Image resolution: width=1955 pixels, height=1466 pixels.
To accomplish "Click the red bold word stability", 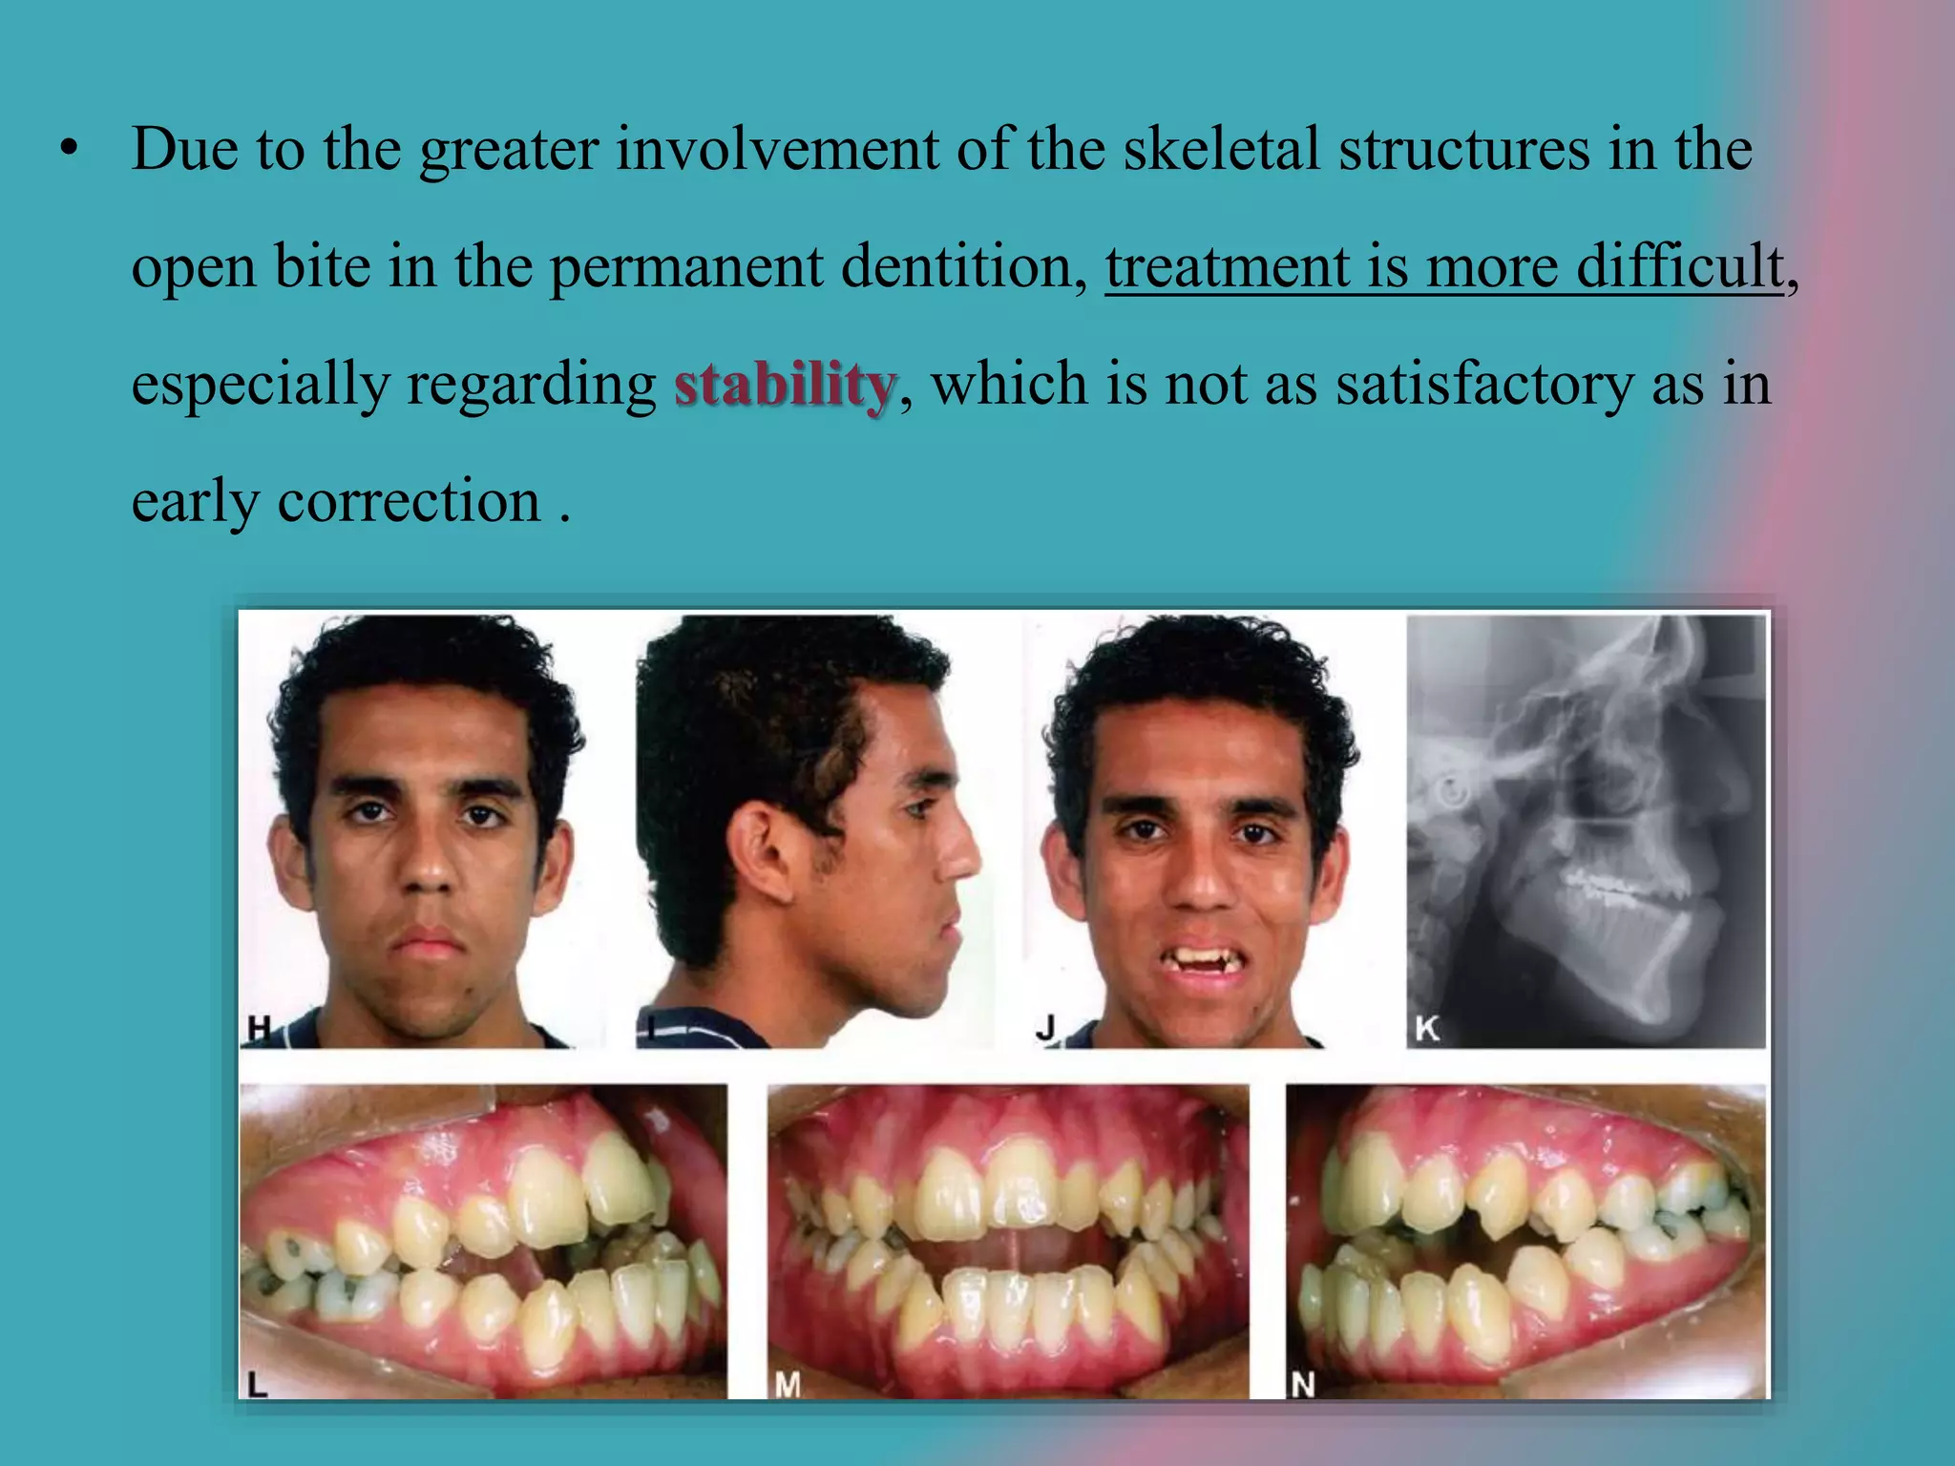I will (785, 385).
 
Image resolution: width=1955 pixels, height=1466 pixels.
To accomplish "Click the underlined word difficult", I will (1679, 267).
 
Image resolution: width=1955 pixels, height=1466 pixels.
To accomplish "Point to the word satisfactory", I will (1484, 385).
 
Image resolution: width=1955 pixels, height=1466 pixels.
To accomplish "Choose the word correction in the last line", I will (409, 502).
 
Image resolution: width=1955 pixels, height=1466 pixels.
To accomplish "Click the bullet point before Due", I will (67, 151).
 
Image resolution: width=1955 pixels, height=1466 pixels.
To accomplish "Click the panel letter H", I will (259, 1029).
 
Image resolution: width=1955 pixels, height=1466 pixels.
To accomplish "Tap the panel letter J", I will (1046, 1029).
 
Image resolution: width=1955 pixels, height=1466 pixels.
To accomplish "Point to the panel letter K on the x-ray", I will (1426, 1029).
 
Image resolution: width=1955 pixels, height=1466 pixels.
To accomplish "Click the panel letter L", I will (257, 1383).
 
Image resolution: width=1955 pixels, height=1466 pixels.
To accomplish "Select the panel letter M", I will (787, 1383).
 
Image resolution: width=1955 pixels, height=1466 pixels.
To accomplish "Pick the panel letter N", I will (1303, 1383).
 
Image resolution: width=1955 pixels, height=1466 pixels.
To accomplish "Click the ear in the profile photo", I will (760, 849).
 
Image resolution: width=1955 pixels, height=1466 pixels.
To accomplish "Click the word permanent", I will (685, 267).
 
